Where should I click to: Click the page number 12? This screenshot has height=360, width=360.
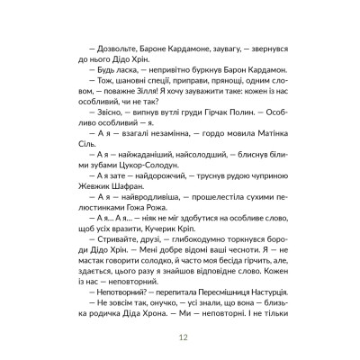[180, 337]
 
